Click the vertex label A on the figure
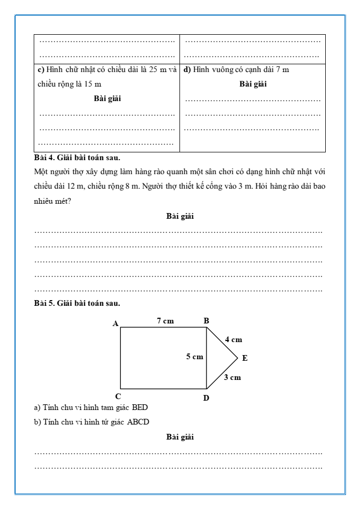pos(116,323)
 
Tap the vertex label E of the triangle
pos(245,358)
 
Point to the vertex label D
pos(206,398)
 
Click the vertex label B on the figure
pos(206,321)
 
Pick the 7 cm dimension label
pos(165,321)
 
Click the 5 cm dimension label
pos(195,357)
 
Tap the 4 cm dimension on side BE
pos(233,340)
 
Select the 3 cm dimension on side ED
pos(232,377)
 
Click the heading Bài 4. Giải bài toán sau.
pos(77,158)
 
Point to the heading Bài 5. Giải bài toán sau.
pos(77,302)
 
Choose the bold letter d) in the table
pos(188,69)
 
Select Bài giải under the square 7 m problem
pos(253,84)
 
